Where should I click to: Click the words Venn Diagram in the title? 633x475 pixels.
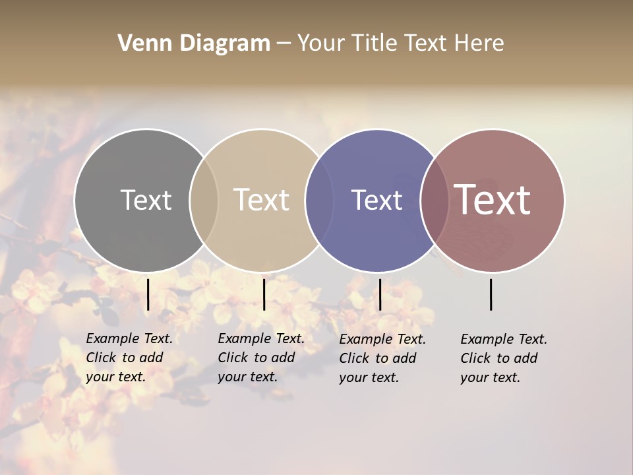pos(194,44)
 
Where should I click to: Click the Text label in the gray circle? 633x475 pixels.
pos(146,200)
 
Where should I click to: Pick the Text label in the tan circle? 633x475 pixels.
pos(262,200)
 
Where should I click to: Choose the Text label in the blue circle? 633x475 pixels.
pos(377,200)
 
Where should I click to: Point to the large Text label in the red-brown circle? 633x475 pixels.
pos(493,200)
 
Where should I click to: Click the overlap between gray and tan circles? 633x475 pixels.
pos(204,200)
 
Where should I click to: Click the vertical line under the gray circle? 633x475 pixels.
pos(148,294)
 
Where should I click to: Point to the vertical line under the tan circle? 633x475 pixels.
pos(264,294)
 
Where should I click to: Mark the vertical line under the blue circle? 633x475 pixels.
pos(380,294)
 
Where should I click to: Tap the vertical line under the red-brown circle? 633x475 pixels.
pos(491,294)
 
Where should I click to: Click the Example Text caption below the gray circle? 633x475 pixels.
pos(129,358)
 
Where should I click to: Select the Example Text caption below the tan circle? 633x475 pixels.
pos(260,358)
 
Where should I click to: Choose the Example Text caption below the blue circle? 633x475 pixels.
pos(382,358)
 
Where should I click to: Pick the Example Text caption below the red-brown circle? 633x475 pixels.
pos(503,358)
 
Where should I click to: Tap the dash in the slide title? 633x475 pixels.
pos(284,44)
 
